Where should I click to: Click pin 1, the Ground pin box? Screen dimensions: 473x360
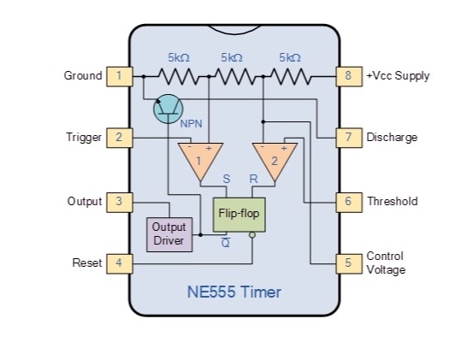click(120, 77)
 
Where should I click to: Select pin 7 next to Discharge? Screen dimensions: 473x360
click(349, 138)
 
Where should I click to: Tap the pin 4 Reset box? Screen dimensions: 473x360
click(120, 264)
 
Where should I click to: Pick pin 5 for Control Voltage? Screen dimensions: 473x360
click(349, 264)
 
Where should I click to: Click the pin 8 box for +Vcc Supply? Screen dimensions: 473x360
click(349, 77)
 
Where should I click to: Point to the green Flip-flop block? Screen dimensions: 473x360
click(239, 215)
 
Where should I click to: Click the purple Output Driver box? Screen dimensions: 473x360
click(169, 234)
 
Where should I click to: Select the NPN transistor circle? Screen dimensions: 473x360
click(168, 109)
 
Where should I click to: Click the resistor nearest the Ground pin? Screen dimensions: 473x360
click(179, 77)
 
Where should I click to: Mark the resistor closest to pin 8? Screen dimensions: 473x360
click(291, 77)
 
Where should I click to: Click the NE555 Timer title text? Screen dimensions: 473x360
click(234, 292)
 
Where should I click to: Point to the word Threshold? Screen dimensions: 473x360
click(393, 201)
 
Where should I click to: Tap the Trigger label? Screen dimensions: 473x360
click(84, 138)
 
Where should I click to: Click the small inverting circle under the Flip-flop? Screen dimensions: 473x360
click(252, 235)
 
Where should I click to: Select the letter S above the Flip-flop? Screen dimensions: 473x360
click(227, 179)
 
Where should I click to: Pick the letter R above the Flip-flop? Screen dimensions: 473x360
click(253, 179)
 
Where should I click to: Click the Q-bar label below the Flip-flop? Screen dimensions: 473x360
click(226, 242)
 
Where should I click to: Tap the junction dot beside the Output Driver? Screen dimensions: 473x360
click(200, 234)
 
